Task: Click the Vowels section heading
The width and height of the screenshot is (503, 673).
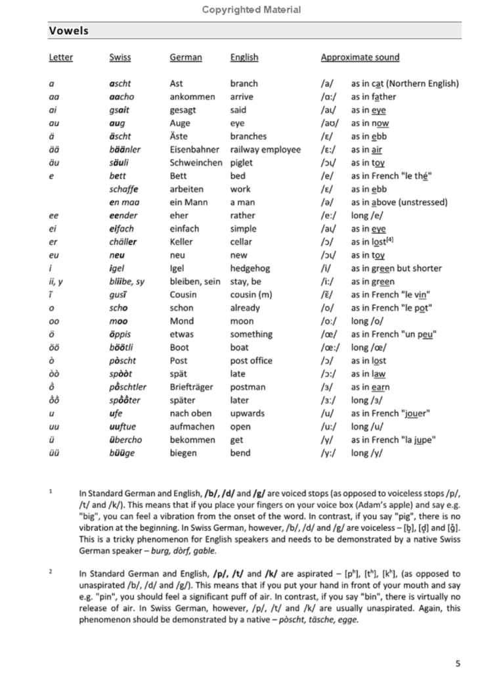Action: pos(69,31)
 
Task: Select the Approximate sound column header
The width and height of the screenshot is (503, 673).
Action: pos(360,57)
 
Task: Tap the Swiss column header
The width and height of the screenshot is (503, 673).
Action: pos(120,57)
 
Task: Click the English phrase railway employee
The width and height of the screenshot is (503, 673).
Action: pos(265,149)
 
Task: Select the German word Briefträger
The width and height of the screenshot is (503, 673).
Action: pos(191,387)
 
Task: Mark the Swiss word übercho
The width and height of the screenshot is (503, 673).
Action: pos(125,440)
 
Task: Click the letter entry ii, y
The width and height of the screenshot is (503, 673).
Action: pos(56,281)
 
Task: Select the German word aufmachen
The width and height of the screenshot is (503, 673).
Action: pos(192,427)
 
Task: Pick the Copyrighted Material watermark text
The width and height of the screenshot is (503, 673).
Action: pos(251,9)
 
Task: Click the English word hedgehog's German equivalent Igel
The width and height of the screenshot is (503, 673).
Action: pos(179,268)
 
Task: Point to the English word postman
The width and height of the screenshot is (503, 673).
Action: pos(248,387)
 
